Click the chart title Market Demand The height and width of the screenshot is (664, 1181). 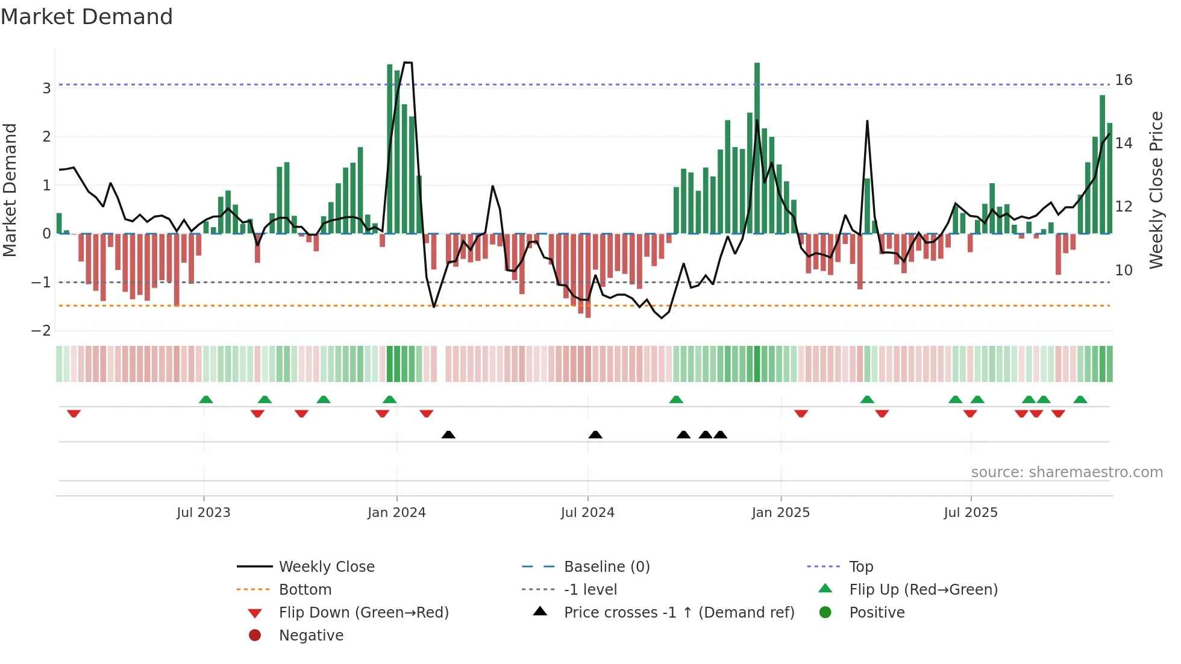[87, 17]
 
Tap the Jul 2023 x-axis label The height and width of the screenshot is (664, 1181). [204, 513]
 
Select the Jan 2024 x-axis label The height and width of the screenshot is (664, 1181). [396, 513]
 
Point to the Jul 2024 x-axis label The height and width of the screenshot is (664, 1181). [587, 513]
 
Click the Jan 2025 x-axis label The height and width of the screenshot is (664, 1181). [781, 513]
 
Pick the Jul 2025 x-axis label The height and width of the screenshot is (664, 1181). [971, 513]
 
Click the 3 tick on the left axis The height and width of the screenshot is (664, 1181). [46, 89]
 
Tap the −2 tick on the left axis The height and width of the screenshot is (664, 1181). [42, 331]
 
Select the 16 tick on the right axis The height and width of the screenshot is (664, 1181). [1124, 80]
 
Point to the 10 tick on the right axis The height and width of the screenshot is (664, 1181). [1124, 271]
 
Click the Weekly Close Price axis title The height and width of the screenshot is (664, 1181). [1156, 190]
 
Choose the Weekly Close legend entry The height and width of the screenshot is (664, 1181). [327, 567]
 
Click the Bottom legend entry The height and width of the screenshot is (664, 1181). [305, 590]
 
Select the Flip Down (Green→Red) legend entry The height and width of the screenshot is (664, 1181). [363, 613]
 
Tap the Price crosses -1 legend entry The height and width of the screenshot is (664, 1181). [679, 613]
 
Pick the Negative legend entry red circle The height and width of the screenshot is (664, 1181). [255, 636]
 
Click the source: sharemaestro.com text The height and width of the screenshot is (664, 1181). [1067, 472]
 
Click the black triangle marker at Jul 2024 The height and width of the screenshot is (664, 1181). [595, 435]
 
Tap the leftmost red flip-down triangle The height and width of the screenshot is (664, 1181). [74, 413]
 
